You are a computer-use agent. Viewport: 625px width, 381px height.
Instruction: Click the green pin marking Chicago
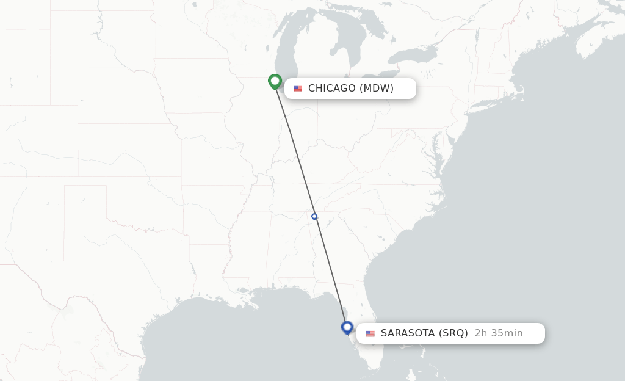click(275, 81)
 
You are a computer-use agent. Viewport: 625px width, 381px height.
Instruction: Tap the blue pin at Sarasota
click(347, 327)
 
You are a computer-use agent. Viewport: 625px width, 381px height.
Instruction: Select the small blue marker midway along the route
click(314, 216)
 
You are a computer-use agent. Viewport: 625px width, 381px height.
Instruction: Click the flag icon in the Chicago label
click(298, 89)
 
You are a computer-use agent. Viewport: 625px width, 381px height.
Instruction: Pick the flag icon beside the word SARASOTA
click(370, 333)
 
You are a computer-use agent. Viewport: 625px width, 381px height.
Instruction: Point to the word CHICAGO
click(331, 89)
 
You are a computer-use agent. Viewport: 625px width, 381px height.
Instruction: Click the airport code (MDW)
click(377, 89)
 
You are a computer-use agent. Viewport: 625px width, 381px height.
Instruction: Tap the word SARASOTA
click(408, 333)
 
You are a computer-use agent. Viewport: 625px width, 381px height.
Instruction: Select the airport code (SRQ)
click(453, 333)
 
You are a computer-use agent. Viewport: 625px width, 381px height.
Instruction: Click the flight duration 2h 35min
click(499, 333)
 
